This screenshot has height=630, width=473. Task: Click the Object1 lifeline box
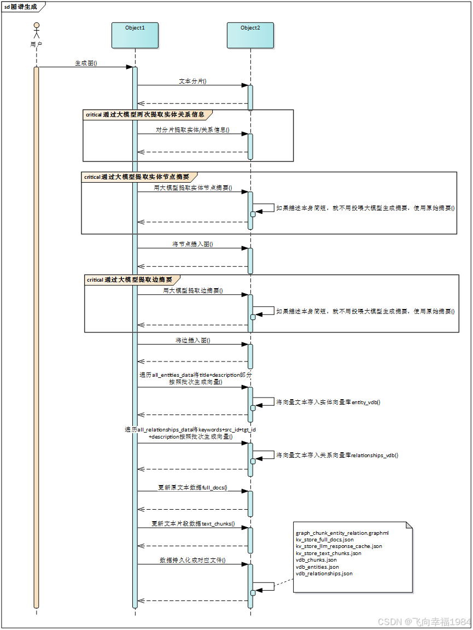pos(135,35)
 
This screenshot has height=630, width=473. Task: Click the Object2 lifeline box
pos(250,35)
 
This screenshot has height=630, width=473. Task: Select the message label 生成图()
pos(86,63)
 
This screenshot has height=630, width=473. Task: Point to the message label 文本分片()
pos(193,81)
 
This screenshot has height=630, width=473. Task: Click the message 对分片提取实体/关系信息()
pos(194,130)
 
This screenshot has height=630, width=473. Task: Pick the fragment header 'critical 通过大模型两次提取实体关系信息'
pos(145,115)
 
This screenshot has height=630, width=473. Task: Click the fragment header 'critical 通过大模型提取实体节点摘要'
pos(137,177)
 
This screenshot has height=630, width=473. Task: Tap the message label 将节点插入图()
pos(193,244)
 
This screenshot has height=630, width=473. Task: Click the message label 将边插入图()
pos(193,340)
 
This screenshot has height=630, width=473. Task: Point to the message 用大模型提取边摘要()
pos(193,290)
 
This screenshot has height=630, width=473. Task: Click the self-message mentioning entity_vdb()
pos(329,402)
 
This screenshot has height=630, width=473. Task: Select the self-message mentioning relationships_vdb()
pos(337,455)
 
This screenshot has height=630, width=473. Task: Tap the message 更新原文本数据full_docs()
pos(193,487)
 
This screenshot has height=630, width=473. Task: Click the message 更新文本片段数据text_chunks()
pos(193,523)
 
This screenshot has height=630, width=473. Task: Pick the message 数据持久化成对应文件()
pos(193,560)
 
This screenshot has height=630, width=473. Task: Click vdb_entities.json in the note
pos(317,567)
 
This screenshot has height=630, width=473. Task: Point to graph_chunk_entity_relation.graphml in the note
pos(342,533)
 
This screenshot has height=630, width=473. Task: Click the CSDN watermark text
pos(424,621)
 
